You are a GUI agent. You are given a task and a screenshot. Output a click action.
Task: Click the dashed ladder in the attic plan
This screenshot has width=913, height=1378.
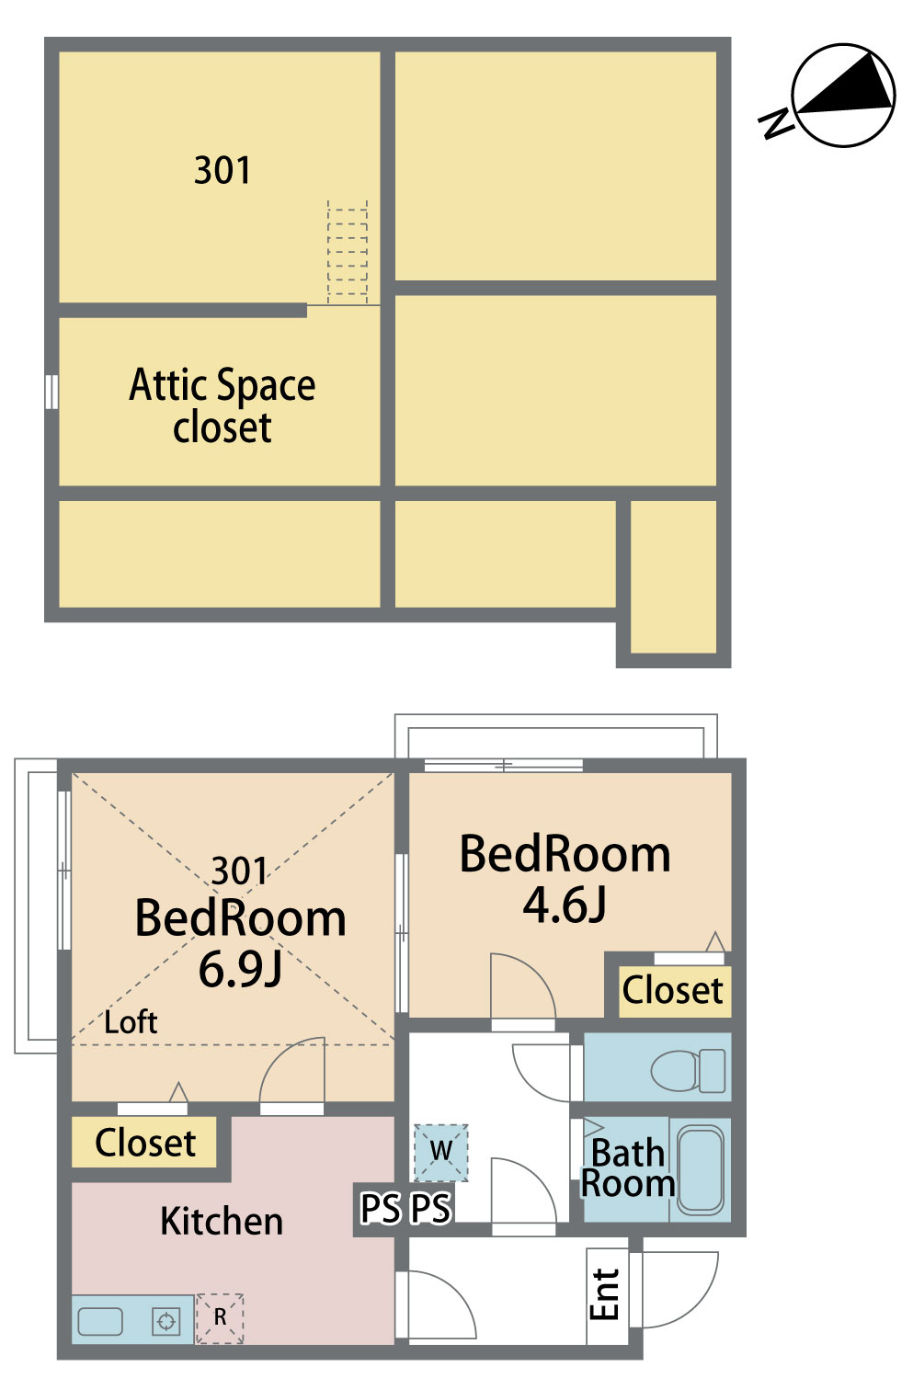(x=348, y=252)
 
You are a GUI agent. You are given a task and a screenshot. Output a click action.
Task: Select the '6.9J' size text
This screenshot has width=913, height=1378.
(x=240, y=968)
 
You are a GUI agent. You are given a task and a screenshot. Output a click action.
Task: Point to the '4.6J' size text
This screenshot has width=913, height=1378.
(x=565, y=905)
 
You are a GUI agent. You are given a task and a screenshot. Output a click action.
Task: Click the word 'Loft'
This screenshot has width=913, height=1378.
(x=131, y=1022)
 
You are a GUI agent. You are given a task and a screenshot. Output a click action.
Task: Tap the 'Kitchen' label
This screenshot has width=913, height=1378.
(x=222, y=1221)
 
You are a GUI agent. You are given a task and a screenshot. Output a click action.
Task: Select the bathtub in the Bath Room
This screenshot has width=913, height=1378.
(x=700, y=1169)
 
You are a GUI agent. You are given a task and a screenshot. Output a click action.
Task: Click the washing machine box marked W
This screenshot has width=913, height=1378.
(x=441, y=1152)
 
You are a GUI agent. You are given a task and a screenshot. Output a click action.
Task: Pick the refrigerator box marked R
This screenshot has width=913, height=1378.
(x=220, y=1318)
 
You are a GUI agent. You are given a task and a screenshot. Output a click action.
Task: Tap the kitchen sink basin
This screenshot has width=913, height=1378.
(x=100, y=1321)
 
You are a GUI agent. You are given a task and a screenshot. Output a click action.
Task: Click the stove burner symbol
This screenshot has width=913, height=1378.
(x=166, y=1321)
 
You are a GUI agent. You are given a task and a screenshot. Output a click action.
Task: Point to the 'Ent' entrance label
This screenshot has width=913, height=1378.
(x=604, y=1294)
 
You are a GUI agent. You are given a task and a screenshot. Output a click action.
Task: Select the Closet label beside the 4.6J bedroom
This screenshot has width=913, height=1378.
(x=672, y=990)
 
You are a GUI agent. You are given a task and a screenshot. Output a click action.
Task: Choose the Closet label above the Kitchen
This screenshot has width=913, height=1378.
(x=145, y=1143)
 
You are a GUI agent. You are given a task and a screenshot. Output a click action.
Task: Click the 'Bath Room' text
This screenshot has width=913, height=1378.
(x=628, y=1167)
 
